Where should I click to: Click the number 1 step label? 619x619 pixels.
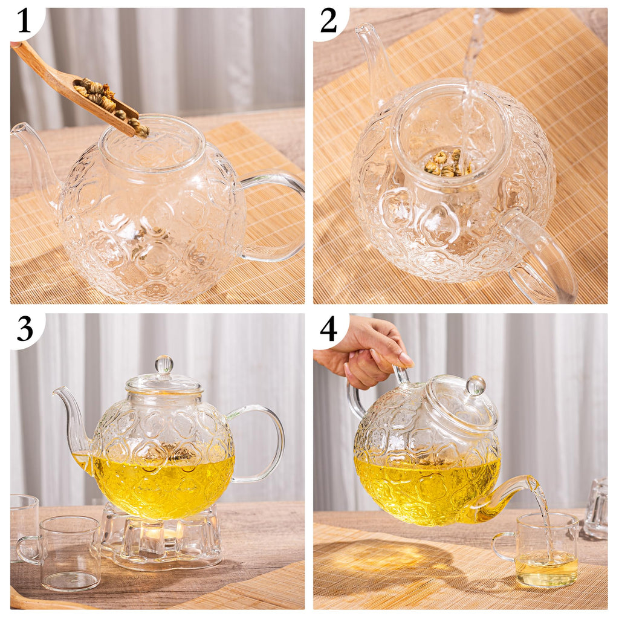point(24,22)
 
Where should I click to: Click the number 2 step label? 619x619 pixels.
point(328,22)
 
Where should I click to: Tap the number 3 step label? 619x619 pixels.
point(24,328)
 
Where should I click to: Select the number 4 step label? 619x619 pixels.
point(328,328)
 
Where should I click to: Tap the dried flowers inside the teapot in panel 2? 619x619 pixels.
point(444,163)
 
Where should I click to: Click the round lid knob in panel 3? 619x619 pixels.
point(164,365)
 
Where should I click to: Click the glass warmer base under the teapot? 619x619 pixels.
point(160,541)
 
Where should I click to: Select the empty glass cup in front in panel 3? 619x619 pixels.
point(66,553)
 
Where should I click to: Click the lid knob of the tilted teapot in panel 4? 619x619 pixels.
point(476,385)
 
